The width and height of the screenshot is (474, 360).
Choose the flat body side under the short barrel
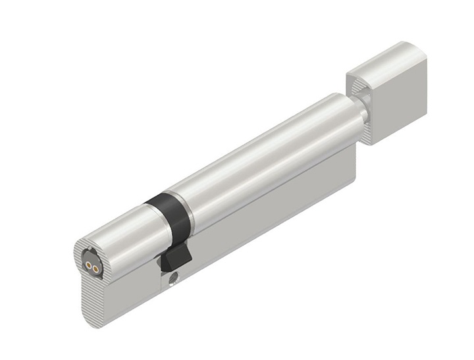click(132, 290)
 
